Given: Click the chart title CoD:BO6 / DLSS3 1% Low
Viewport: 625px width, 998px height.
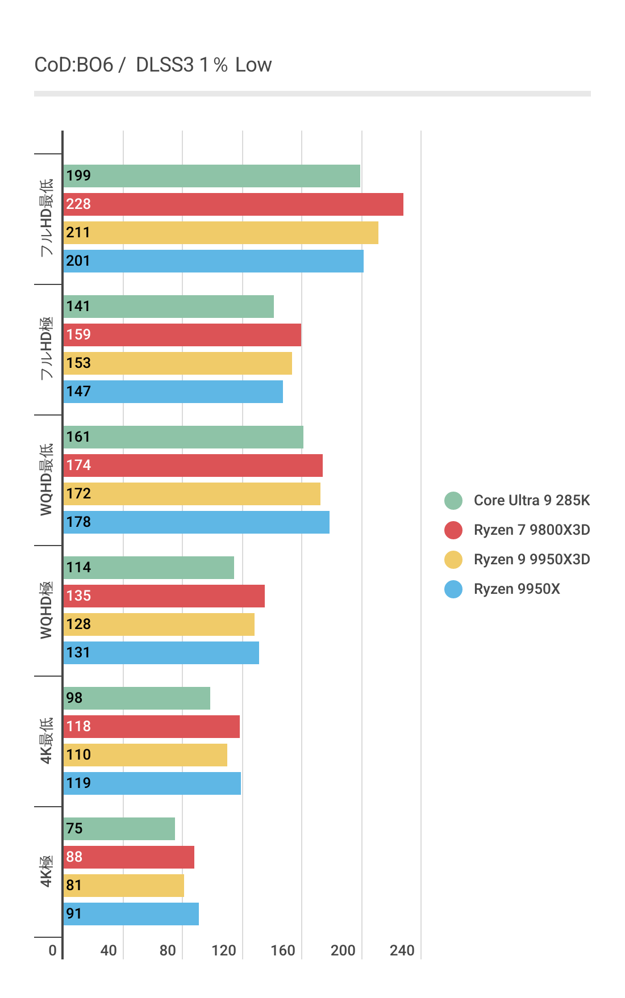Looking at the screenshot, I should point(153,65).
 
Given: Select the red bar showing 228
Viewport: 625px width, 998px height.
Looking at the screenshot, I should point(233,204).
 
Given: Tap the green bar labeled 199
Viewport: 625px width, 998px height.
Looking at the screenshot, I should point(211,176).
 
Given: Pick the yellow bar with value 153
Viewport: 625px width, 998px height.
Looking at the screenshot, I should point(177,363).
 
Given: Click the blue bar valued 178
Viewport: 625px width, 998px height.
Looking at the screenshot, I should point(196,522).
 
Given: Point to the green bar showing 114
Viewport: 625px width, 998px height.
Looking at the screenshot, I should point(148,568).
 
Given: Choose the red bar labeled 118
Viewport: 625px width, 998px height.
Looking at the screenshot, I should point(151,727).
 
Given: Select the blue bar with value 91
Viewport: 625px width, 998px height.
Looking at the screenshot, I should point(131,914).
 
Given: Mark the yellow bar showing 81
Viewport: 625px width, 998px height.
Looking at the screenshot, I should point(123,886).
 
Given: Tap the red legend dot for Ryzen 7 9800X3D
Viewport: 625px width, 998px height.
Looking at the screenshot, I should point(453,530).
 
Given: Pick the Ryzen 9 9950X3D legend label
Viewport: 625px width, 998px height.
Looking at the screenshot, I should point(531,560).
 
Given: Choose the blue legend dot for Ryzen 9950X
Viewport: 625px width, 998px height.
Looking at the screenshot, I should point(453,589).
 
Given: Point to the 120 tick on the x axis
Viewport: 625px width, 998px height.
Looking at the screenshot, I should point(224,951).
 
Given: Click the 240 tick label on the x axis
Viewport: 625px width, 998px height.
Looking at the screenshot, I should point(402,951).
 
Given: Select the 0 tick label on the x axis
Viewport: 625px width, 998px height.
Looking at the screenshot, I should point(53,951).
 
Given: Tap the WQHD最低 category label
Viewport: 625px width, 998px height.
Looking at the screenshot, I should point(46,480).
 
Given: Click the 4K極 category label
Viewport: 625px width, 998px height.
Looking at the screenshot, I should point(46,871).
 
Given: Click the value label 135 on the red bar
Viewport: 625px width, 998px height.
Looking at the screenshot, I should point(78,596).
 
